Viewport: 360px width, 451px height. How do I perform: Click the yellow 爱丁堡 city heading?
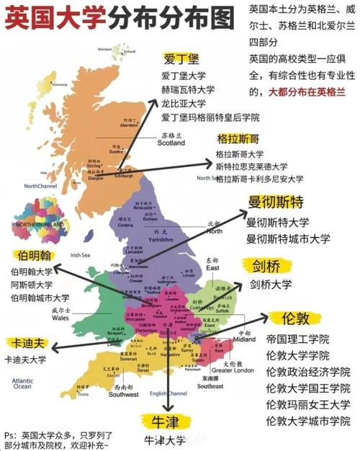[181, 58]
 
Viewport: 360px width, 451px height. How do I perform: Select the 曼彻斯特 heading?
[278, 202]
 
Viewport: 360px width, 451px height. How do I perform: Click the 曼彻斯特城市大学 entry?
[288, 238]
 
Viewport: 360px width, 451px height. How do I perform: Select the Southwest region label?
[124, 395]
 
